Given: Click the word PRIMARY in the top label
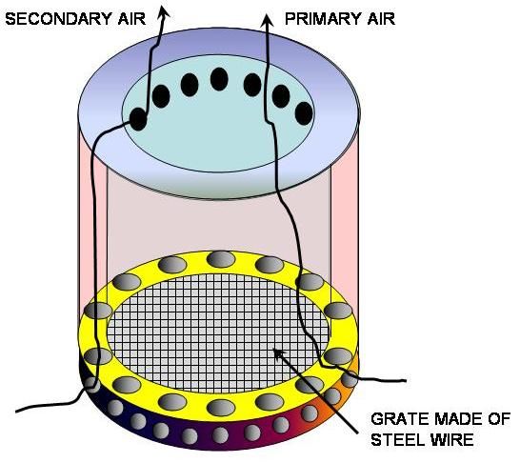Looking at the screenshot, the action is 321,18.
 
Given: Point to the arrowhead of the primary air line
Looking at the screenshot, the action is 267,21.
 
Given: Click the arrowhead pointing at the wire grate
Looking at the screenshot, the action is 279,354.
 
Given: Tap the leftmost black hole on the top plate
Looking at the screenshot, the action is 138,119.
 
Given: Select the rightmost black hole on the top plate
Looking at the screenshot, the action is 304,113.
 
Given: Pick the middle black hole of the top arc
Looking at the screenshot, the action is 219,79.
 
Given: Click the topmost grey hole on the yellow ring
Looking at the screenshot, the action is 221,259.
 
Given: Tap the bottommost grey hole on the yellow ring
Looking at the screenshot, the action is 221,408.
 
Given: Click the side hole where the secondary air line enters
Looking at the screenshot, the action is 92,386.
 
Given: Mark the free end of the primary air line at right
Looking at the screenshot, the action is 405,381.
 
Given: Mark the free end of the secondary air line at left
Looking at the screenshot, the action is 17,412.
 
